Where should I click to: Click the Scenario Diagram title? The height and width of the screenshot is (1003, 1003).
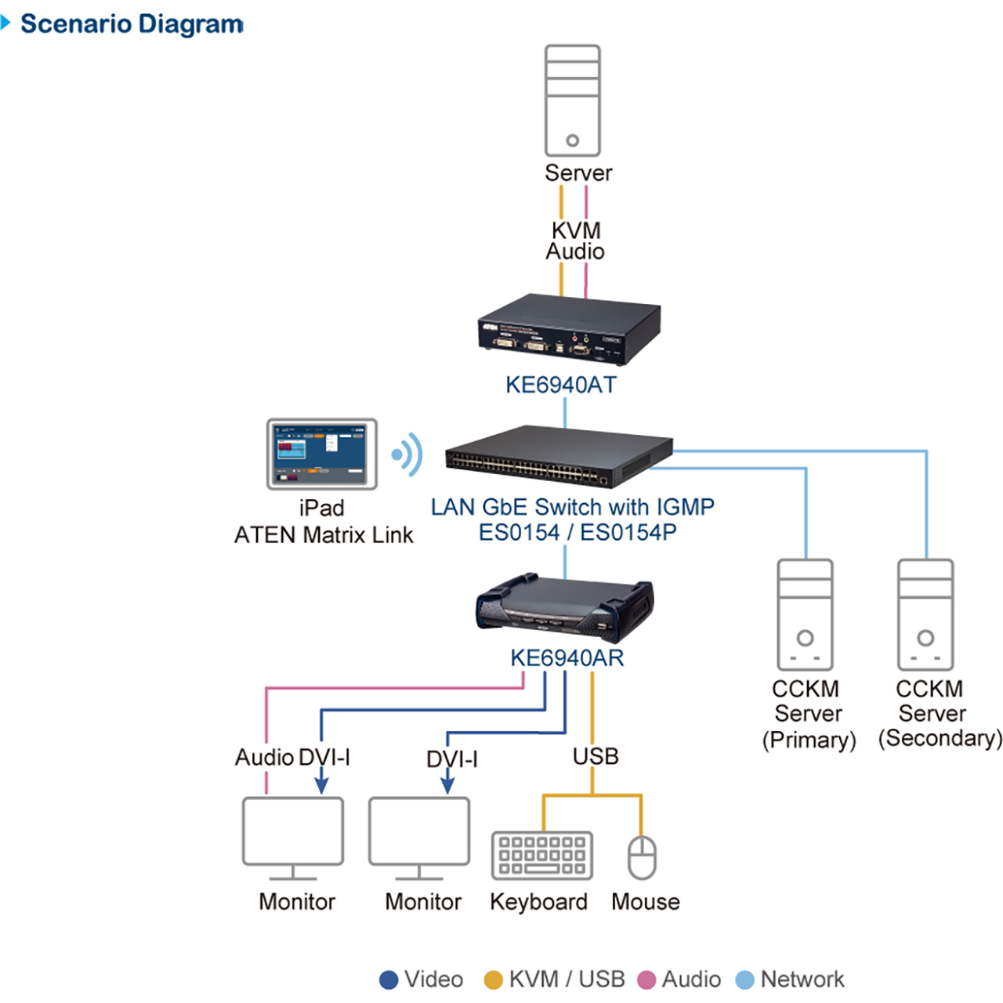click(132, 24)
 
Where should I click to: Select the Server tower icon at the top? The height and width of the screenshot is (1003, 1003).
click(573, 100)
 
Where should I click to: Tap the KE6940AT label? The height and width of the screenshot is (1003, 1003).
click(561, 385)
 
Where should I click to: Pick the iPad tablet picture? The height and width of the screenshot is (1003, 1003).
click(322, 454)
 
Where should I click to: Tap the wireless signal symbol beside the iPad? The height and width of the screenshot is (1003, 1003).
click(407, 454)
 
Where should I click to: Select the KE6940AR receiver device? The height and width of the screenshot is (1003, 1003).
click(565, 608)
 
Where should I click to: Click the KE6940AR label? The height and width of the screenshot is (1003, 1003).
click(567, 658)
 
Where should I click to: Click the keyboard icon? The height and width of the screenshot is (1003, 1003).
click(542, 856)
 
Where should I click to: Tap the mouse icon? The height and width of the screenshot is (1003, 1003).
click(643, 857)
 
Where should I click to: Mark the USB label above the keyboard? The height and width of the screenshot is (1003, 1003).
click(596, 756)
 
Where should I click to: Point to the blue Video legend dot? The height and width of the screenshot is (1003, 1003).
click(389, 979)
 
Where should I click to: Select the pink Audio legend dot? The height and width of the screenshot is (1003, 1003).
click(646, 979)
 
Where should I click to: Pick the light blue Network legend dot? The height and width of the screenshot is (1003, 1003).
click(745, 979)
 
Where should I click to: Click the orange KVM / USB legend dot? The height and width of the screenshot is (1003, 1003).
click(493, 979)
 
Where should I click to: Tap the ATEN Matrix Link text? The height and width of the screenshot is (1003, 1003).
click(324, 535)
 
